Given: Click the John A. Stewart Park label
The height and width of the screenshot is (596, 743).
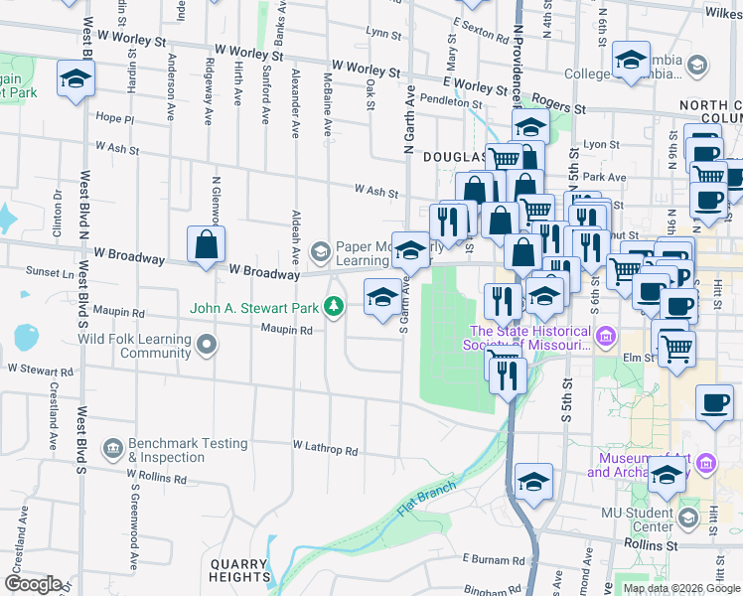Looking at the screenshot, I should coord(255,308).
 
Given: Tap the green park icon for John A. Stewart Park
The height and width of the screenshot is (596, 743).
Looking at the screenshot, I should coord(334,308).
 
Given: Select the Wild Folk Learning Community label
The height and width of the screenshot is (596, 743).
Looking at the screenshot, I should coord(134,346).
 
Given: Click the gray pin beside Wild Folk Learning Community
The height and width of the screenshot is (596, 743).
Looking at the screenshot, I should coord(207,346).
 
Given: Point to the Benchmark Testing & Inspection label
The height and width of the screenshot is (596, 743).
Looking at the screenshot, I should coord(187,450).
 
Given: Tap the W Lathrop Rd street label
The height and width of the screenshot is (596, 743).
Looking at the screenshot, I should coord(325,450).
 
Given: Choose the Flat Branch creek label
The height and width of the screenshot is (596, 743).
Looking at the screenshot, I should coord(426,499).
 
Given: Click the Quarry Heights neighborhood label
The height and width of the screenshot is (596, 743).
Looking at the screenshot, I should coord(239,570).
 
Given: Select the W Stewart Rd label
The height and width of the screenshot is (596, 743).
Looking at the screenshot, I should coord(41,370).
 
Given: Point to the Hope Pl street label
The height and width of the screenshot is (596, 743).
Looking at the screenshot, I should coord(114,118).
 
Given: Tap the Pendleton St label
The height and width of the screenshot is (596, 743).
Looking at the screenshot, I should coord(450,101).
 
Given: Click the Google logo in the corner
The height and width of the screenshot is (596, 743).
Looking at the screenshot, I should coord(32,584).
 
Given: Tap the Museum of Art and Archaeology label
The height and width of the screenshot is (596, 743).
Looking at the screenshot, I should coord(636,465).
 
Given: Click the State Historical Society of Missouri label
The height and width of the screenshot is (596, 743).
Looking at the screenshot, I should coord(527,339).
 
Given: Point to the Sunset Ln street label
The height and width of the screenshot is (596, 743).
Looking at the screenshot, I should coord(22,269).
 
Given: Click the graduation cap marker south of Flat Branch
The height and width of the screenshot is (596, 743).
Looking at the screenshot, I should coord(534,480).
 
